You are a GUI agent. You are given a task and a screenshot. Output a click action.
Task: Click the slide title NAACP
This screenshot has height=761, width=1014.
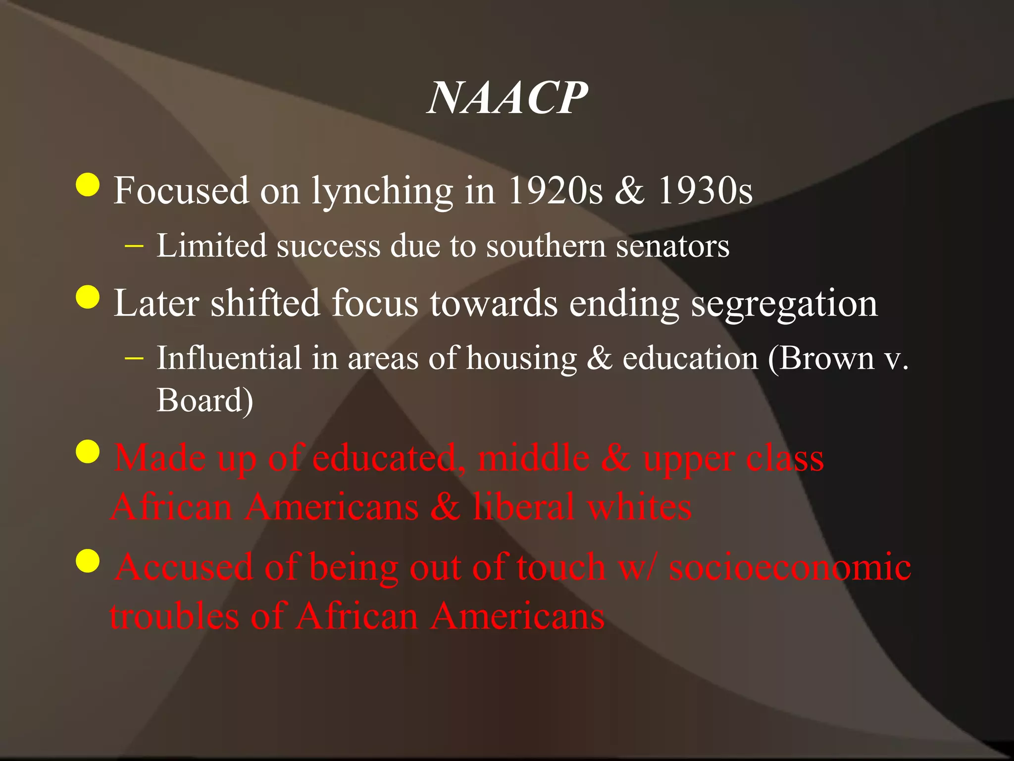(507, 98)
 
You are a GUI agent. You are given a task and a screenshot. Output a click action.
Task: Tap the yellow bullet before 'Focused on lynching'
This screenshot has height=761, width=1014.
(88, 185)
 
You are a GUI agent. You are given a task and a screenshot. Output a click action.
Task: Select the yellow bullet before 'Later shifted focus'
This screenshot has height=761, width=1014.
(88, 297)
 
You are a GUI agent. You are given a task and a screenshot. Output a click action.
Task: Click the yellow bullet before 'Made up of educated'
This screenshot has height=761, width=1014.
(88, 451)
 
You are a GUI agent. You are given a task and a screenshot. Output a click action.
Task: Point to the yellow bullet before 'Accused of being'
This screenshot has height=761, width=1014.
(88, 561)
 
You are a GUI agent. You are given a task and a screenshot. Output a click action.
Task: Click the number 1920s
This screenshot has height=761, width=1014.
(555, 191)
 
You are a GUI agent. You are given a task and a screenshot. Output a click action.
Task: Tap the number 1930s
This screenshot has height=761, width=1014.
(705, 191)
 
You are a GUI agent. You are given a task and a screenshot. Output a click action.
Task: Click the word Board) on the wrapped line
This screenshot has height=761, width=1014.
(205, 400)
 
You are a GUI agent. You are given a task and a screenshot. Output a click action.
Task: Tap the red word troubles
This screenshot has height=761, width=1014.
(174, 616)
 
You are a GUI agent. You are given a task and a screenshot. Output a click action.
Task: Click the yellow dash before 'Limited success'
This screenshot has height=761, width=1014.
(135, 246)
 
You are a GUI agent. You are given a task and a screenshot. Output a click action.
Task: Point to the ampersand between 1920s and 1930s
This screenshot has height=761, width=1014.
(630, 191)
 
